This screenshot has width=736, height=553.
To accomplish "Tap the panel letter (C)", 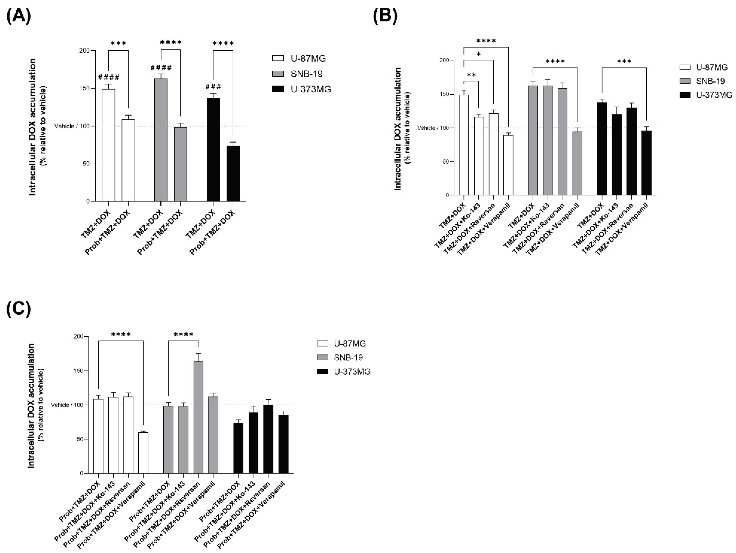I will tap(19, 309).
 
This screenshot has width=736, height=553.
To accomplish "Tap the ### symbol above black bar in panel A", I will tap(213, 87).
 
